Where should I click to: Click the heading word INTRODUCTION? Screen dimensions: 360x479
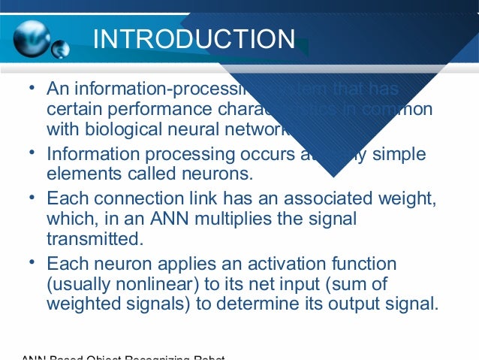(x=194, y=39)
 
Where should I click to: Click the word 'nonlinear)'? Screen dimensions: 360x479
(x=161, y=285)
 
